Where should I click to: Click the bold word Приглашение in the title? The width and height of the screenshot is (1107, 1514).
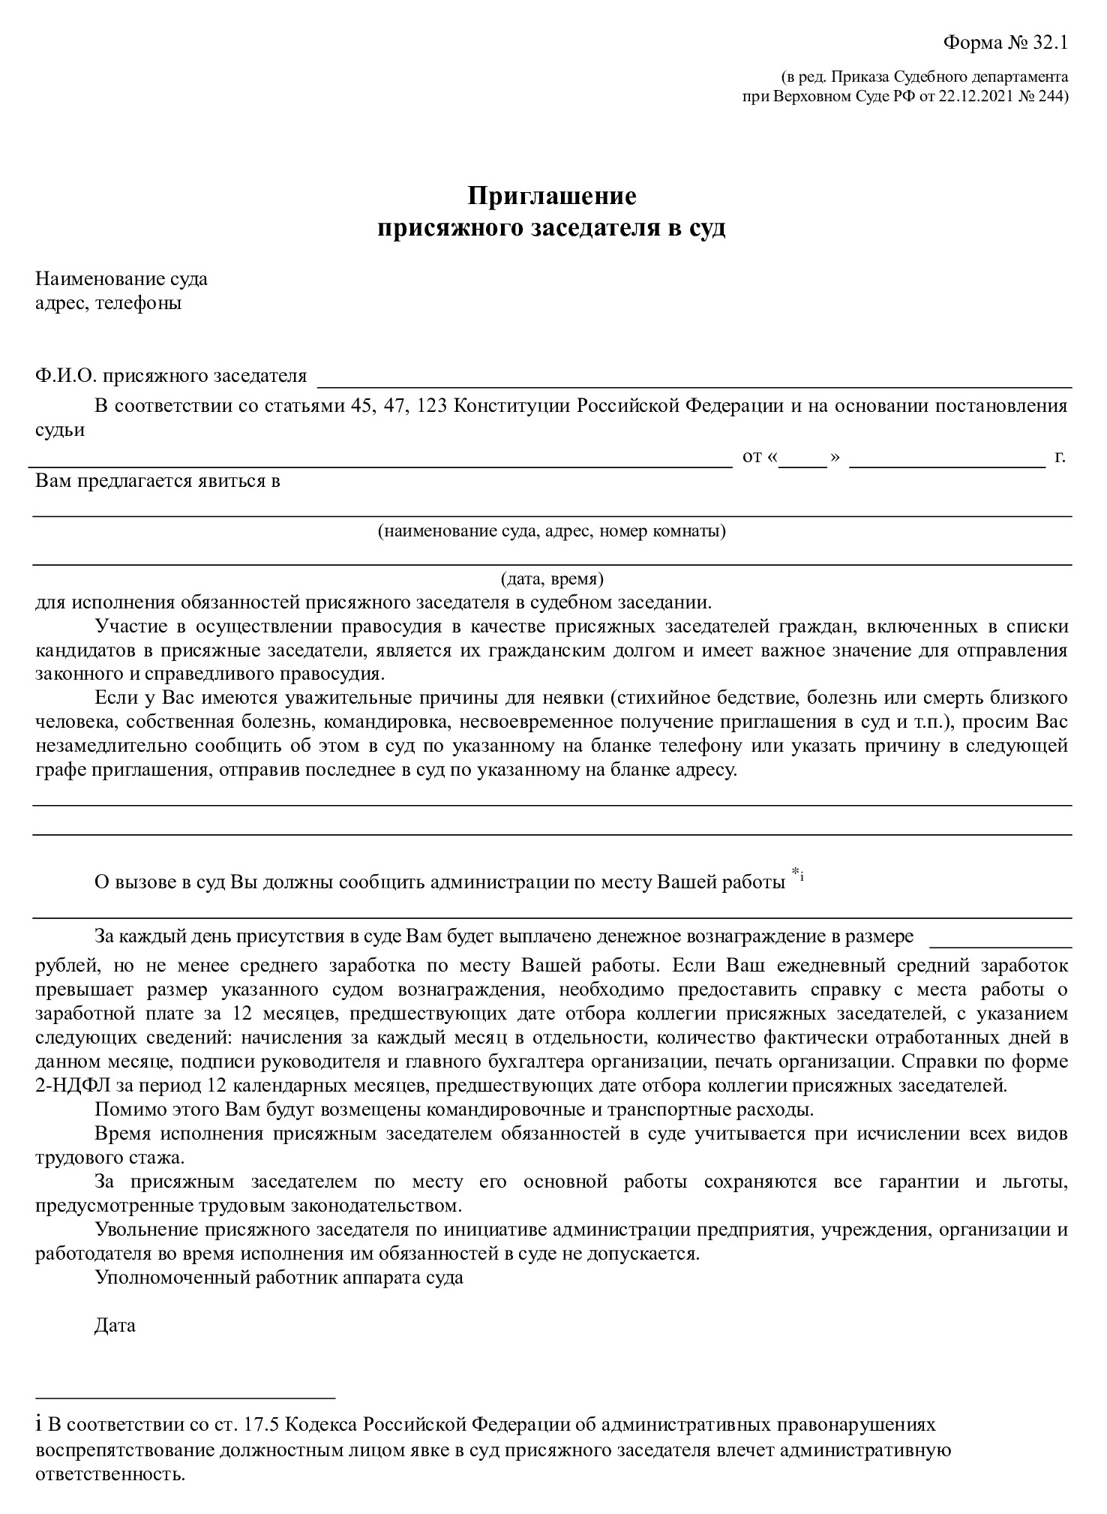click(x=552, y=196)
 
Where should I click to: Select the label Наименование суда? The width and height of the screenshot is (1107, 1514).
click(x=121, y=279)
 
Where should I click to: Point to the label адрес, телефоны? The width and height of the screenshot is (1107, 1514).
click(x=109, y=304)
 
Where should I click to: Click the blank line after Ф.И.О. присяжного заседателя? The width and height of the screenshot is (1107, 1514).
click(x=694, y=381)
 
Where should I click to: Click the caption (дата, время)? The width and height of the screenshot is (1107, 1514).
click(x=552, y=579)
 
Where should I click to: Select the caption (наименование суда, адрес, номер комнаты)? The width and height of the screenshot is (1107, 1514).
click(x=552, y=531)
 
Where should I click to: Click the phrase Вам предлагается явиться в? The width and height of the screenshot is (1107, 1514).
click(x=157, y=481)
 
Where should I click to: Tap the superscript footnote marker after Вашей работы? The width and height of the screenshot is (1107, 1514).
click(x=797, y=873)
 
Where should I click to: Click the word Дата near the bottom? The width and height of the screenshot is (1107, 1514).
click(x=115, y=1325)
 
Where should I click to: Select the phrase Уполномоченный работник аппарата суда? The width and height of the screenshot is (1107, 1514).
click(x=279, y=1278)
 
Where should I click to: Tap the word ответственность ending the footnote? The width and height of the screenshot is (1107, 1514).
click(x=109, y=1474)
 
